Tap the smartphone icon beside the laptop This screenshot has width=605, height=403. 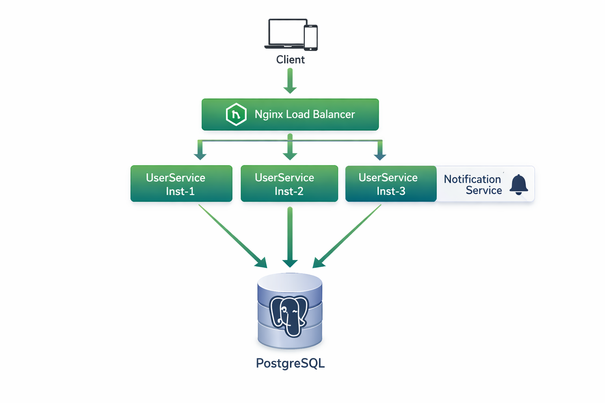311,38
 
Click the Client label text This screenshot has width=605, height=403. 290,60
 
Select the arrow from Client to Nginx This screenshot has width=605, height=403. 290,81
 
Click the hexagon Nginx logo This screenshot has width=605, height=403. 236,115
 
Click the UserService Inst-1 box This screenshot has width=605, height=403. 181,184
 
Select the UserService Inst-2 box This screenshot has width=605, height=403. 289,184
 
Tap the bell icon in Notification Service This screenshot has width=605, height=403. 519,184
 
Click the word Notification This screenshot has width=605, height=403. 472,179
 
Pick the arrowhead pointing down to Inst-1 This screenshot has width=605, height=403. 200,156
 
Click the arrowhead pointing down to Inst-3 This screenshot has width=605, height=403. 380,156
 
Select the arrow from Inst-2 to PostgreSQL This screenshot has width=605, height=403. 290,236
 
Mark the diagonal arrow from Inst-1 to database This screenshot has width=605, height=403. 232,236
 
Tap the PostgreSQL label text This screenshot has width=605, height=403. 290,363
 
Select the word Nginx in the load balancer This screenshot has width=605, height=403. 269,115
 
